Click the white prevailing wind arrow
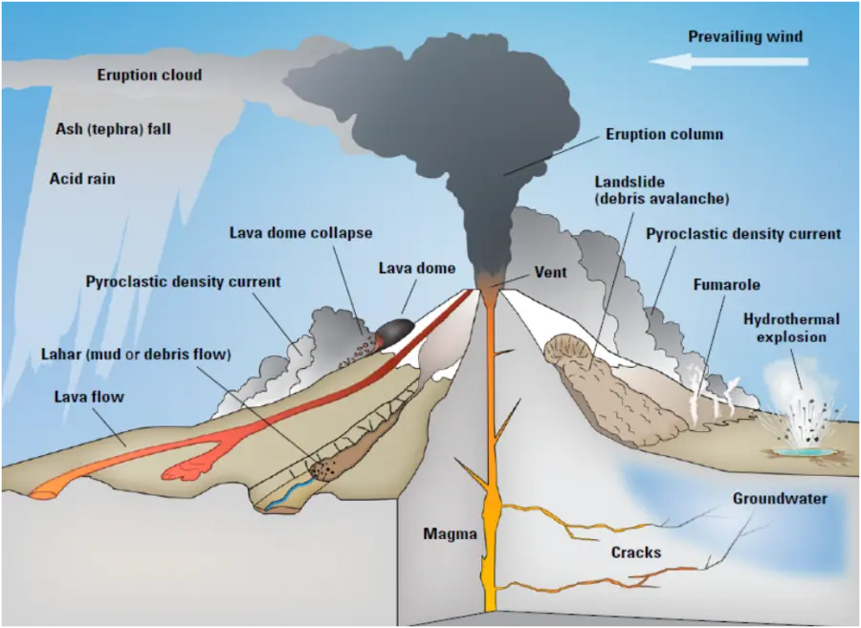[728, 61]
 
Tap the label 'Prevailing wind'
[745, 36]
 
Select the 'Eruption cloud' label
[149, 75]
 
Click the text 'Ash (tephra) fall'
[113, 128]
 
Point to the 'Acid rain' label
[82, 178]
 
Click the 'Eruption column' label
[664, 135]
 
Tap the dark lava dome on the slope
[393, 331]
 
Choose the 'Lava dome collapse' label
[300, 232]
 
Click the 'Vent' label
[550, 272]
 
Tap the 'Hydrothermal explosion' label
[791, 328]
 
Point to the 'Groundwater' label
[780, 498]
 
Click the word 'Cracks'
[635, 552]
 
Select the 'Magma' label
[450, 534]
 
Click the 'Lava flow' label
[89, 396]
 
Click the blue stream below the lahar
[285, 495]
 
